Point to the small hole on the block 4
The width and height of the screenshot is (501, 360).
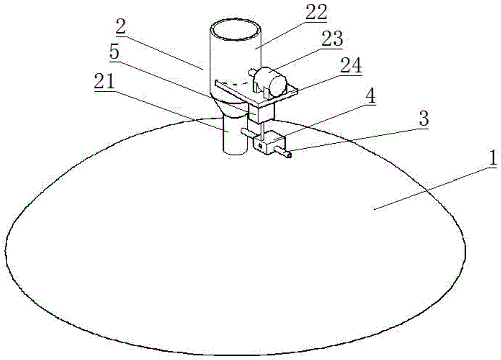[x=260, y=146]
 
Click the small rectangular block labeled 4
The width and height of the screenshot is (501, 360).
[x=269, y=142]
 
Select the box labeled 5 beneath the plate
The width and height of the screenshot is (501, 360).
[x=261, y=113]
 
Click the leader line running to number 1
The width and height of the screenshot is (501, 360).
[x=431, y=188]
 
